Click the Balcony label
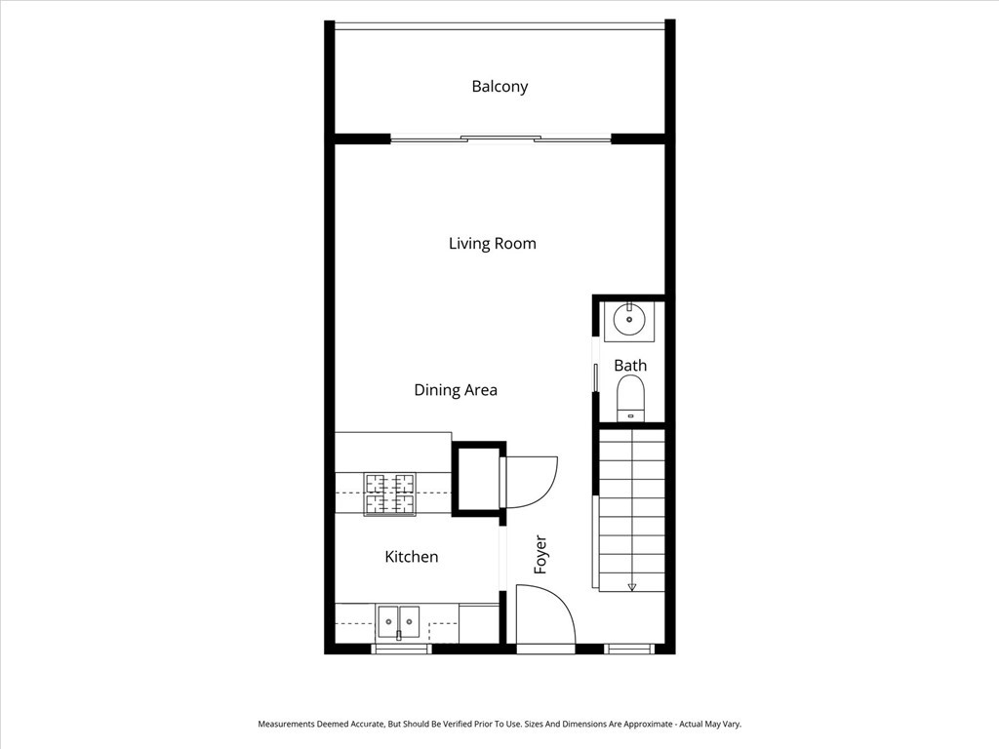coord(499,86)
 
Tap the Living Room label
coord(492,243)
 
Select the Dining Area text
coord(456,390)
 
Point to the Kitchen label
coord(411,557)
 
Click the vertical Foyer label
coord(540,554)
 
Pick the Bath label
coord(630,366)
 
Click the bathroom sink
coord(629,320)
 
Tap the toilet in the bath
coord(631,398)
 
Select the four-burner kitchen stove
coord(389,493)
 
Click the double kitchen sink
coord(399,619)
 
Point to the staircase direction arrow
coord(632,586)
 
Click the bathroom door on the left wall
coord(596,377)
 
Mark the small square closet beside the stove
coord(477,478)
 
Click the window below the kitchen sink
coord(401,649)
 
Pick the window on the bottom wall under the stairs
coord(629,649)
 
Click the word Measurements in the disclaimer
coord(288,725)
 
